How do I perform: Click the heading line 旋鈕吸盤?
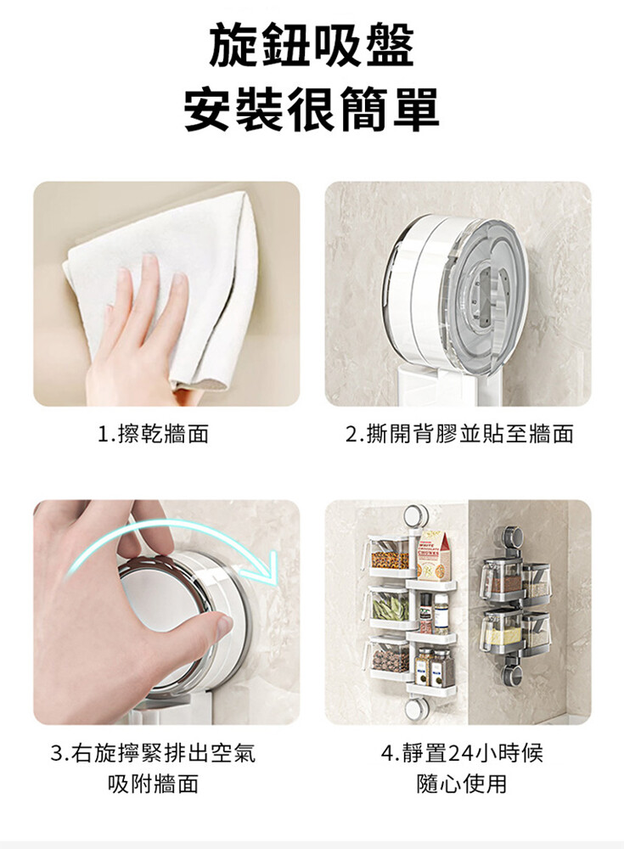pos(312,46)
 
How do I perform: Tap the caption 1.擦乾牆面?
pos(154,434)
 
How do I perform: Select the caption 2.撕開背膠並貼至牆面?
pos(459,434)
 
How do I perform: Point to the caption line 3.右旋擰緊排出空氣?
pos(153,752)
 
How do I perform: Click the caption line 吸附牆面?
pos(154,784)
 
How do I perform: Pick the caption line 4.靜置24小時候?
pos(462,752)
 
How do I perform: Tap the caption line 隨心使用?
pos(462,784)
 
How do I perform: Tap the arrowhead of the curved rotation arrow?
pos(261,565)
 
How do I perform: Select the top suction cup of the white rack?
pos(414,516)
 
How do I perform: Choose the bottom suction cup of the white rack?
pos(414,709)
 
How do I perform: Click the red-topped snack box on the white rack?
pos(433,556)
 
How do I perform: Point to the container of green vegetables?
pos(388,605)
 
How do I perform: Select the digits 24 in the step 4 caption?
pos(460,752)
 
